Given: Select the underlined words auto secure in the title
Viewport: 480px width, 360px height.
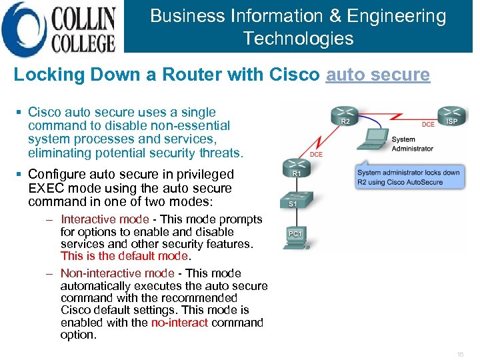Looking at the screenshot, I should (x=377, y=74).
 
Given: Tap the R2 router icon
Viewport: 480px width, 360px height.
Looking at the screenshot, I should (x=345, y=116).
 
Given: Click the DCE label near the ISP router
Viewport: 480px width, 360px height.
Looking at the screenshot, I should (x=428, y=125).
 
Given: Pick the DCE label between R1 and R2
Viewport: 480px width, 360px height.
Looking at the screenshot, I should (x=316, y=154).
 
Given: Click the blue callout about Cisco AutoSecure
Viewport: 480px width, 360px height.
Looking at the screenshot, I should (x=407, y=177).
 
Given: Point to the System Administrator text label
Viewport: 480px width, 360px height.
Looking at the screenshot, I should (x=412, y=144).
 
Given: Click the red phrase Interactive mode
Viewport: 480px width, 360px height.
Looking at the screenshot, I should (x=105, y=219).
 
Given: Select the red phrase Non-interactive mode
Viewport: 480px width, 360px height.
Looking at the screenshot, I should (x=117, y=273).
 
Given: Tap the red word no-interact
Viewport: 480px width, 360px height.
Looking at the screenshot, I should (x=179, y=323).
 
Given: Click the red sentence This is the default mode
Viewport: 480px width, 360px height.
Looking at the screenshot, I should (x=125, y=256).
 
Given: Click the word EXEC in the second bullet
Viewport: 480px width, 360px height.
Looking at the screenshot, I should (x=45, y=189).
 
